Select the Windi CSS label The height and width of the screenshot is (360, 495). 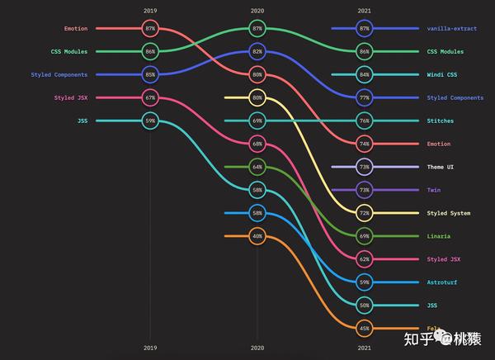pos(442,74)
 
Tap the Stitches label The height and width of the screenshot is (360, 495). pos(440,121)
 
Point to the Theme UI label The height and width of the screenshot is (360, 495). pos(440,167)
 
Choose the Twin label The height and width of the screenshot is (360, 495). pos(434,190)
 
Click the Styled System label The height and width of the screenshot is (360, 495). pos(449,213)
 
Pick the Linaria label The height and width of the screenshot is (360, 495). pos(439,236)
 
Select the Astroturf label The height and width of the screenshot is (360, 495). pos(443,282)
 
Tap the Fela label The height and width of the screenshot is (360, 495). pos(434,329)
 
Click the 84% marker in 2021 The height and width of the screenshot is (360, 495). pos(365,74)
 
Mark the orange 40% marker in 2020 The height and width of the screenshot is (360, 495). pos(257,236)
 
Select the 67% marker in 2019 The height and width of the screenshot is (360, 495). pos(150,97)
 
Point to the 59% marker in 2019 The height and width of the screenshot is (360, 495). pos(150,121)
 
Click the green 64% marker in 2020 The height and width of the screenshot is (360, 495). pos(257,167)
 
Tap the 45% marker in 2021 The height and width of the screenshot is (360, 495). pos(365,329)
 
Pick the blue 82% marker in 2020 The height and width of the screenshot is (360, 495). pos(257,51)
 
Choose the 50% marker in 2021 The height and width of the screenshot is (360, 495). pos(365,306)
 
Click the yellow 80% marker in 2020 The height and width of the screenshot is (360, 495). pos(257,97)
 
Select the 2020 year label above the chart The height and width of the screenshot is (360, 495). pos(257,11)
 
